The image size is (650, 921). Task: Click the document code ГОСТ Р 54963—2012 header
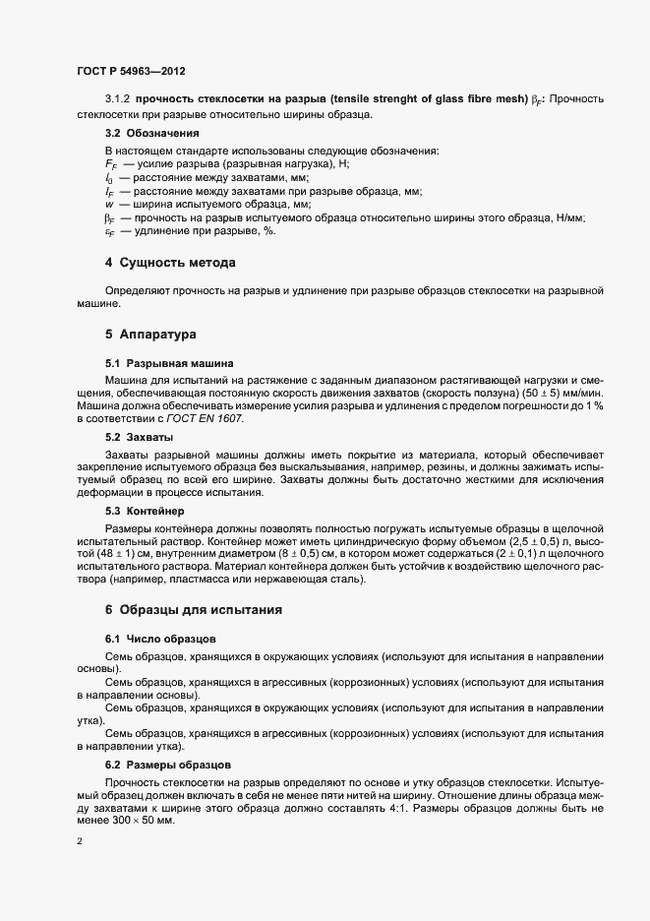point(130,72)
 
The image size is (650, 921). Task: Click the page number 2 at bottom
point(79,841)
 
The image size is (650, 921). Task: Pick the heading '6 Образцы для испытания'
point(194,610)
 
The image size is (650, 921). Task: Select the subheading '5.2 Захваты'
point(140,435)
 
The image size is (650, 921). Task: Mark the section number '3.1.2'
point(117,100)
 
